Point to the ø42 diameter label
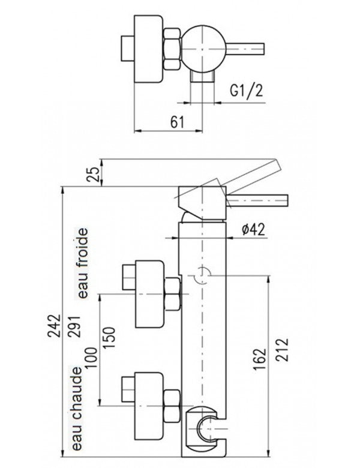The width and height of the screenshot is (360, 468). [253, 229]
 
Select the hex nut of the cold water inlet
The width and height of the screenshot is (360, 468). [173, 295]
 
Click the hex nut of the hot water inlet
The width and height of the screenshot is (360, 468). [173, 405]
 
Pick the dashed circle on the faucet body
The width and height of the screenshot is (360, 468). [203, 274]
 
